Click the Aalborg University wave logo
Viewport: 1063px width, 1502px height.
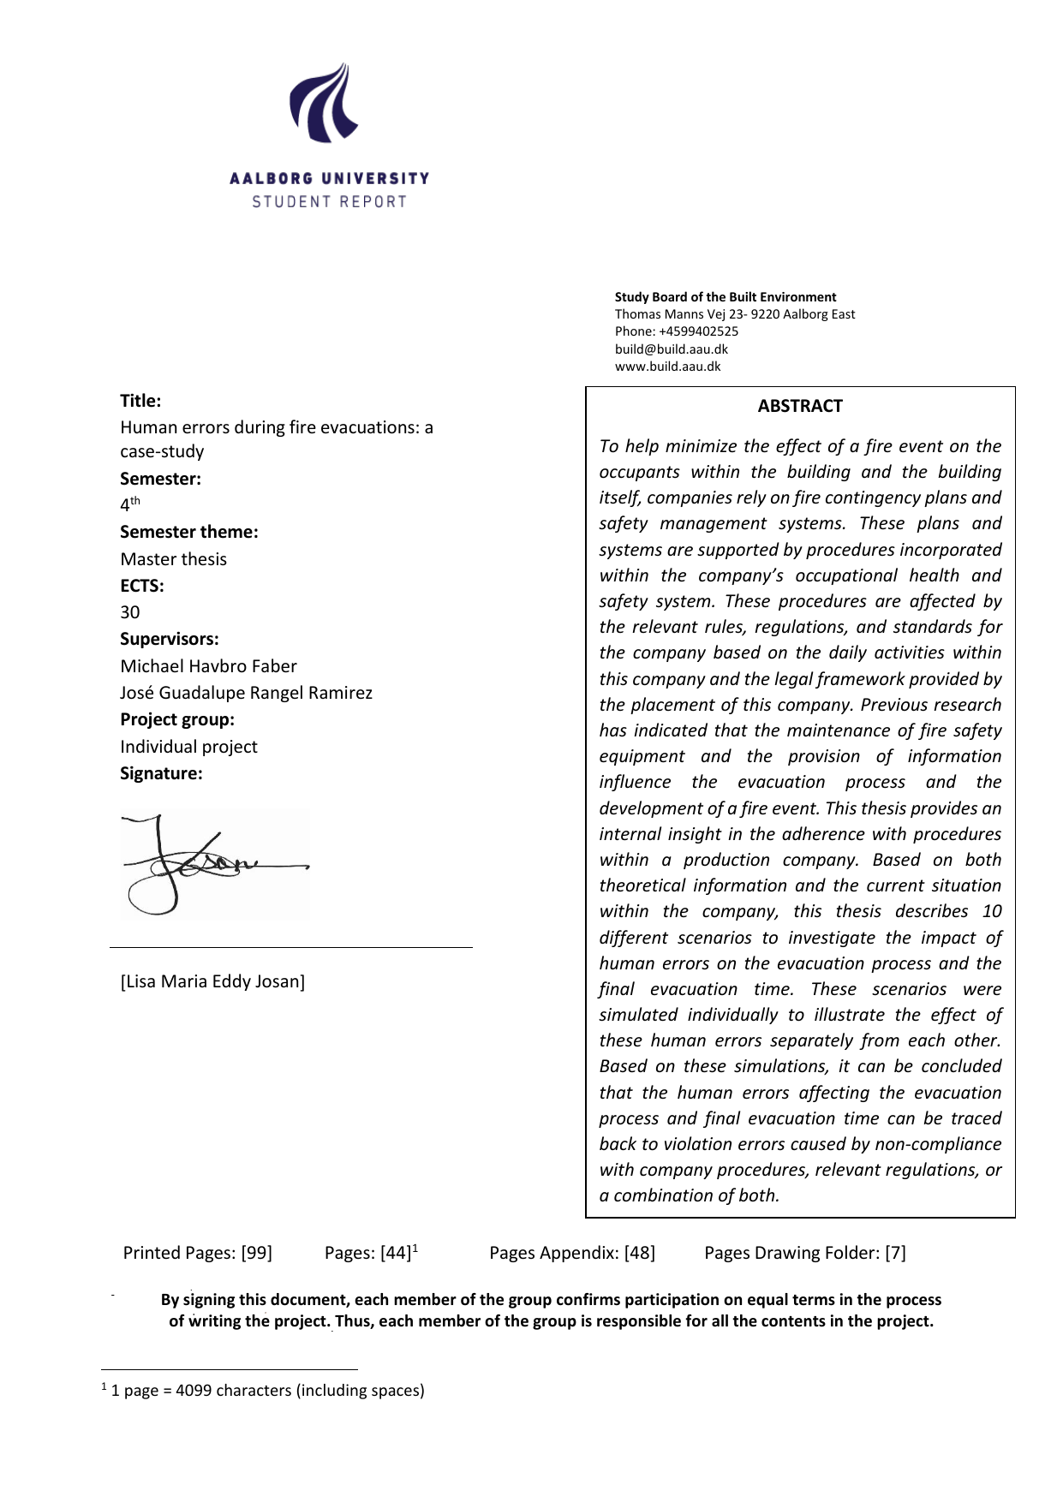click(x=323, y=103)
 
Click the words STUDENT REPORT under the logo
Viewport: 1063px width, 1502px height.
click(x=329, y=202)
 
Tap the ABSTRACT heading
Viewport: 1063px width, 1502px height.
click(x=800, y=406)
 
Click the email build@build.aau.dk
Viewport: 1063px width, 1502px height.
click(x=672, y=349)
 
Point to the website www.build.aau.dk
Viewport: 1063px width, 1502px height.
click(x=668, y=367)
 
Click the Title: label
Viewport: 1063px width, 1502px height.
click(x=140, y=401)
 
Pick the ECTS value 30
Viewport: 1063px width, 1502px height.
click(x=130, y=612)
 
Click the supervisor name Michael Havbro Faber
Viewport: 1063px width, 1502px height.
click(x=208, y=666)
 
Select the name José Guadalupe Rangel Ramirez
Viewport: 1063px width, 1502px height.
click(x=246, y=693)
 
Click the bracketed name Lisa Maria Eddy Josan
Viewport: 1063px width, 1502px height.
click(x=212, y=981)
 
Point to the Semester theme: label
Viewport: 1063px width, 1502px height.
click(x=188, y=532)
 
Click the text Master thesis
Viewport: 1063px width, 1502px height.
click(x=173, y=559)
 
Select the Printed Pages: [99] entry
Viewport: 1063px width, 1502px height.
click(x=198, y=1253)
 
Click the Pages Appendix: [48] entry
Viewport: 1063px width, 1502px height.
click(x=572, y=1253)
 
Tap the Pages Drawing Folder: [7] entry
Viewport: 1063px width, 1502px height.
click(x=804, y=1253)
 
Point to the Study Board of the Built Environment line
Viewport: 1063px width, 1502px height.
click(x=726, y=297)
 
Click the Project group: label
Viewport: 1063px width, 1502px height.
click(x=177, y=719)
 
